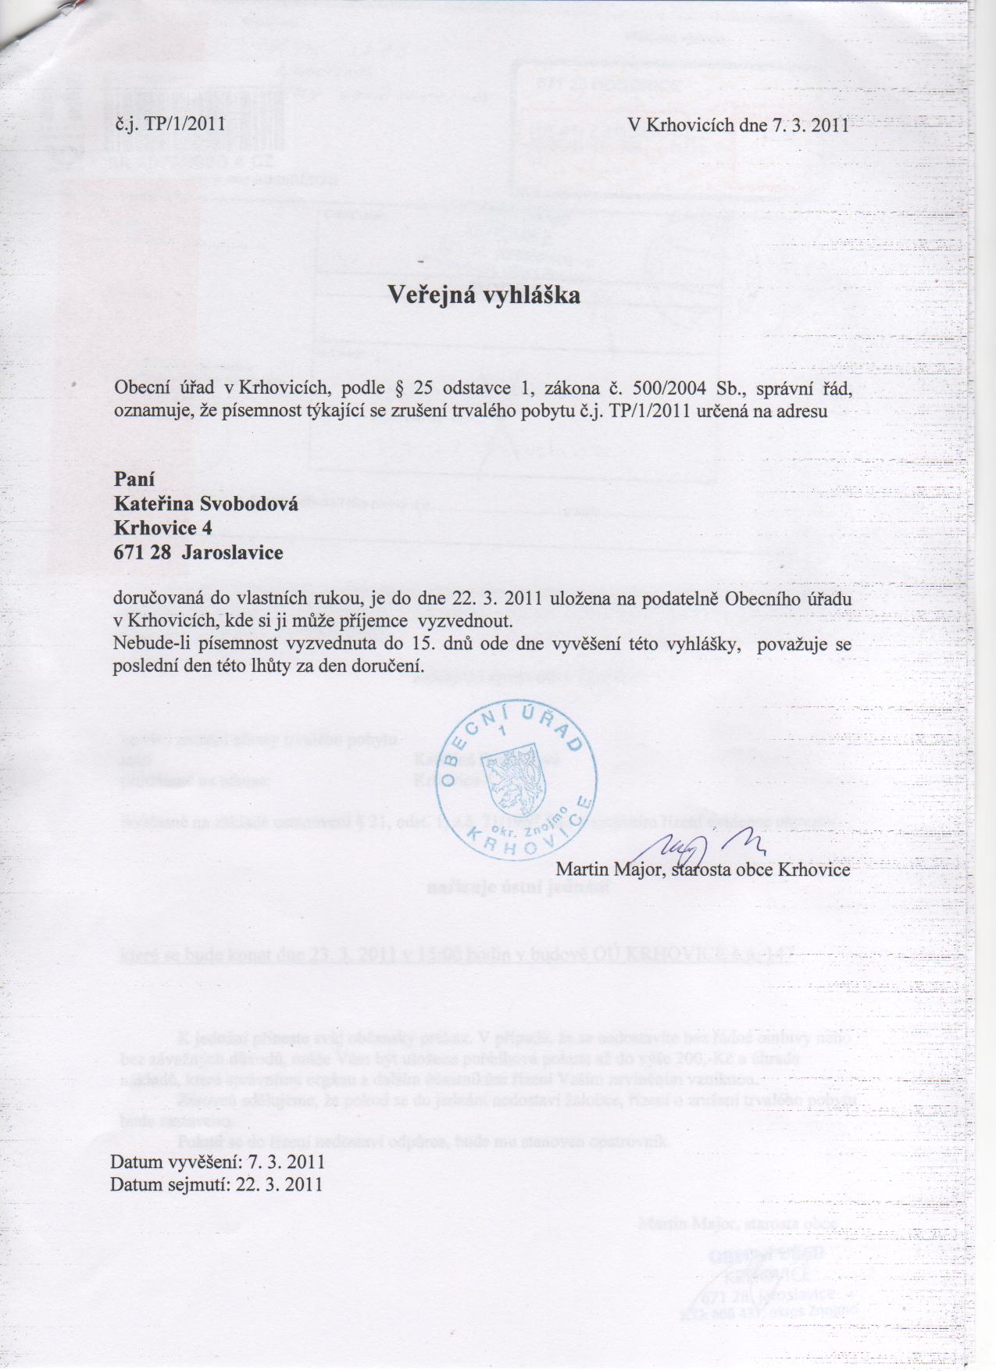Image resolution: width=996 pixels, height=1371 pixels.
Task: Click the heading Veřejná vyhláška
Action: (x=484, y=296)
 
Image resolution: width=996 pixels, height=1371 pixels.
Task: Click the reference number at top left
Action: (x=170, y=123)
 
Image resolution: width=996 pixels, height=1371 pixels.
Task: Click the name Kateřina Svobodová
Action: (x=206, y=504)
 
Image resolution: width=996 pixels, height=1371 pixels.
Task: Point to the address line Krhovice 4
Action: (x=162, y=528)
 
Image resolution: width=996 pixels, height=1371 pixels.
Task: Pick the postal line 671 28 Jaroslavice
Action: (x=198, y=553)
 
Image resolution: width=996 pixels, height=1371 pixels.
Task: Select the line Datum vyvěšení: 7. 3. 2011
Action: (x=217, y=1162)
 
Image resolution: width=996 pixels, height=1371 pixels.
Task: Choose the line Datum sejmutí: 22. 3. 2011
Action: (x=216, y=1184)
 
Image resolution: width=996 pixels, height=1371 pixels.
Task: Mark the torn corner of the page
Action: (x=31, y=20)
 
